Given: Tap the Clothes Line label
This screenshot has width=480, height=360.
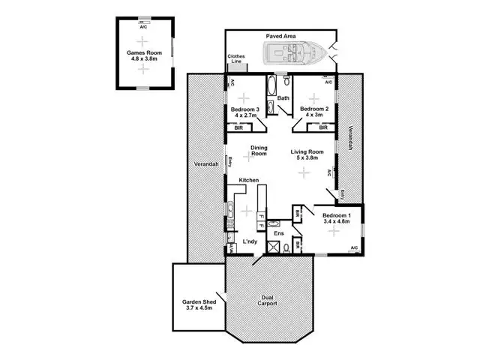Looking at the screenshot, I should pos(235,58).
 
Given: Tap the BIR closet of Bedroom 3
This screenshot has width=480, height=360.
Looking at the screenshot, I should pos(239,127).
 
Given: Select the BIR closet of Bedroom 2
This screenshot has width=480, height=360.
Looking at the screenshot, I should pos(322,127).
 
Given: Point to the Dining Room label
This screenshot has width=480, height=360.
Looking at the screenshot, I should pos(259,151).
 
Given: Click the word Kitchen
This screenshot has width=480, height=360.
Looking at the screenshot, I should pos(248,180).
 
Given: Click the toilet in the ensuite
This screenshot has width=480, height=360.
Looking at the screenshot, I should pos(274,223).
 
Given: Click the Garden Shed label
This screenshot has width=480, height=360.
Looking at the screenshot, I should pos(198,305).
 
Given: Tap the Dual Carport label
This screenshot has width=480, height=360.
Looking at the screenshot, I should pos(268,300).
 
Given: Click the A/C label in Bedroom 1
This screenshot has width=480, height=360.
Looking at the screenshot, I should pos(354,248).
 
